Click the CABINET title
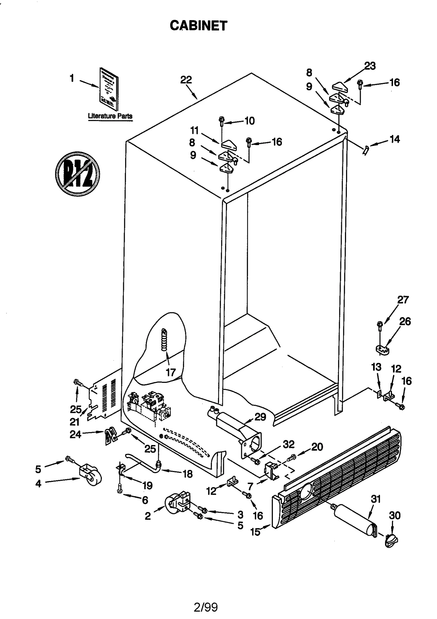(x=198, y=26)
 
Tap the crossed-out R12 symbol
(x=77, y=174)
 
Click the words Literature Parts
(x=110, y=116)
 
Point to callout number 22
(x=186, y=80)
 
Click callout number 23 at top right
(x=370, y=66)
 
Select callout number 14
(x=395, y=139)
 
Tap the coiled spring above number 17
(x=164, y=340)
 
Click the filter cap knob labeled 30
(x=391, y=540)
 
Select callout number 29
(x=260, y=417)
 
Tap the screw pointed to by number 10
(x=222, y=121)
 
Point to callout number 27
(x=403, y=300)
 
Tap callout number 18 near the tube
(x=188, y=474)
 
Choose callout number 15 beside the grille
(x=255, y=532)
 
